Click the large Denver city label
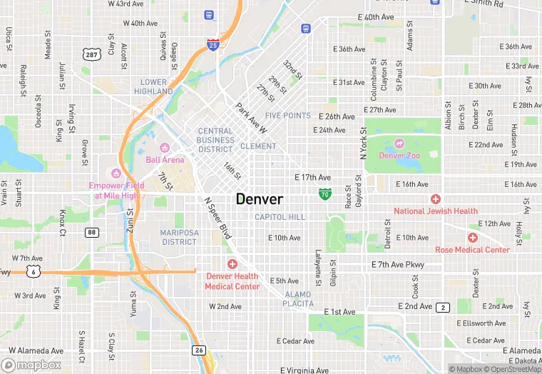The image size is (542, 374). click(x=260, y=199)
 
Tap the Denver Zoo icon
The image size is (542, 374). click(x=399, y=143)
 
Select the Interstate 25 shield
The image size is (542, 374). click(x=213, y=45)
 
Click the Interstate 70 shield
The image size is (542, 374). click(x=324, y=193)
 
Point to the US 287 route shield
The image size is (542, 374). click(x=91, y=54)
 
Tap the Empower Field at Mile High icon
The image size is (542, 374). click(x=116, y=173)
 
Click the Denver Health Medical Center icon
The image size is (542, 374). click(x=232, y=264)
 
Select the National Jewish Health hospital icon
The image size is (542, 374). click(x=435, y=198)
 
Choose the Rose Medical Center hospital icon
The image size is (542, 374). click(x=472, y=237)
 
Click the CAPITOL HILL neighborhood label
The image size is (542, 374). click(x=280, y=217)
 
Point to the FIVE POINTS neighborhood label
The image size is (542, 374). click(x=287, y=115)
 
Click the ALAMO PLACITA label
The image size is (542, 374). click(x=298, y=299)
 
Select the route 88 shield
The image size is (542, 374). click(x=91, y=232)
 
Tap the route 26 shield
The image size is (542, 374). click(x=199, y=350)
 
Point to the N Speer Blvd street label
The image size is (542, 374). click(x=218, y=218)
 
